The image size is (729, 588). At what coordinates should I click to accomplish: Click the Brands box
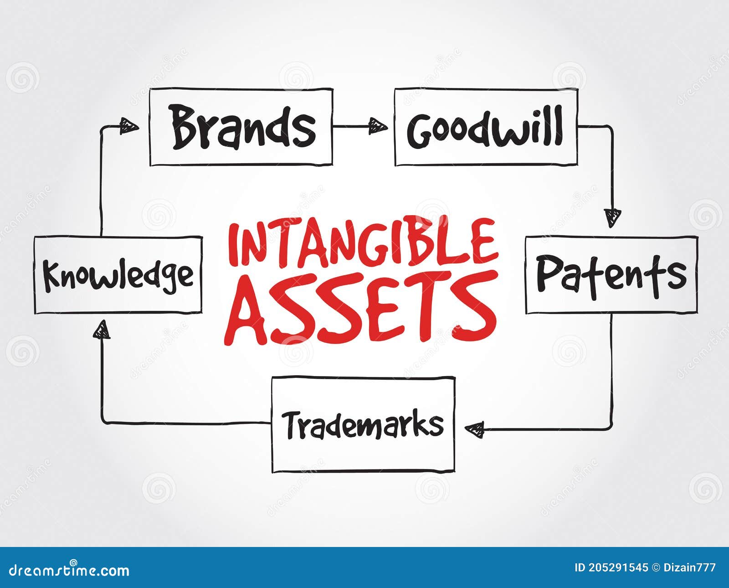coord(241,127)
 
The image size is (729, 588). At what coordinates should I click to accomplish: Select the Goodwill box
coord(486,127)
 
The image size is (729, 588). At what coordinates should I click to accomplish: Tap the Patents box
coord(611,274)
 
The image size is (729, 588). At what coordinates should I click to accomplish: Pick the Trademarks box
coord(363,424)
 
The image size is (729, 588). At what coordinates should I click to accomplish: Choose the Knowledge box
coord(118,275)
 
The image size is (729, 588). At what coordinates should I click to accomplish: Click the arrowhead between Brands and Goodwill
coord(377,126)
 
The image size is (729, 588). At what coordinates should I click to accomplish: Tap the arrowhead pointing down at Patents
coord(612,217)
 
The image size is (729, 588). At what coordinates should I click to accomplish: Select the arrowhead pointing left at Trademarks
coord(475,429)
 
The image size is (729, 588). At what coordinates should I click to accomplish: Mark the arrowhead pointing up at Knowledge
coord(102,330)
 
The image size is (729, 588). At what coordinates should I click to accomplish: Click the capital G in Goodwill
coord(420,131)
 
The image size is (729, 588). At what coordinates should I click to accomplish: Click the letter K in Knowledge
coord(52,275)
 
